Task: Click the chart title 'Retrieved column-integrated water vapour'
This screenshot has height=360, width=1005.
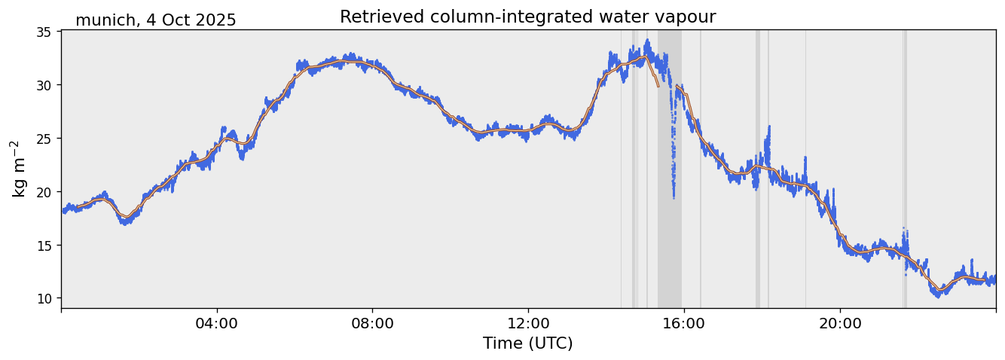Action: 527,17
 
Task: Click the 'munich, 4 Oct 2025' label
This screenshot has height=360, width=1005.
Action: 155,20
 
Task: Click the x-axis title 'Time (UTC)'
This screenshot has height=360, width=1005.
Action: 527,343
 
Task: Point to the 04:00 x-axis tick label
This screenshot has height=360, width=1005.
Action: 217,323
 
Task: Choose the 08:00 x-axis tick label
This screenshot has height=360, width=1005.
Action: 372,323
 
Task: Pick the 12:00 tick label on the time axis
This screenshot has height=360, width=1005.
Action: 528,323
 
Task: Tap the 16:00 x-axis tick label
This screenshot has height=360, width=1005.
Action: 683,323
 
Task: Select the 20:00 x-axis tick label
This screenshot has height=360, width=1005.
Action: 840,323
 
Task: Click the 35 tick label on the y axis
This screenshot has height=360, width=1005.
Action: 44,32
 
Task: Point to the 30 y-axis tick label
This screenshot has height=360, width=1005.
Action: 44,85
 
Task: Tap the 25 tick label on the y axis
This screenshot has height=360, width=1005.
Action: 44,139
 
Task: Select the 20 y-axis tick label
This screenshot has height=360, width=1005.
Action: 44,192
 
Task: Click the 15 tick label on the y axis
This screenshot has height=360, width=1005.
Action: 44,246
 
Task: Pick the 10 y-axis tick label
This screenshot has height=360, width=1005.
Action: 44,299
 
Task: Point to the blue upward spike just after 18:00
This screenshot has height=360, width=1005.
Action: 768,130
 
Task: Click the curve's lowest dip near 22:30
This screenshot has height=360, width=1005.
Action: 939,293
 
